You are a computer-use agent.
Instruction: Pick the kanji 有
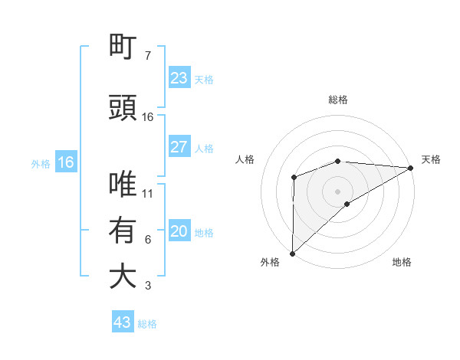[x=123, y=230]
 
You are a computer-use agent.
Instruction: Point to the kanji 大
[x=123, y=277]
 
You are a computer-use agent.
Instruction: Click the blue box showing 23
[x=179, y=77]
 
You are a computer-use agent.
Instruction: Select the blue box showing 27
[x=179, y=147]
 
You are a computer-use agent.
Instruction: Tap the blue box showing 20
[x=179, y=231]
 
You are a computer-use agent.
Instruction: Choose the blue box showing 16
[x=65, y=162]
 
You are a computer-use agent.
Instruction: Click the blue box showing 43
[x=122, y=322]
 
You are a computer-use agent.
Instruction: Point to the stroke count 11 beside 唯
[x=148, y=193]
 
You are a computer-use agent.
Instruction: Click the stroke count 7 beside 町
[x=148, y=55]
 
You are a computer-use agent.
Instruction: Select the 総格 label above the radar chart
[x=337, y=100]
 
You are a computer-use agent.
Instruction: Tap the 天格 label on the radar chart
[x=431, y=159]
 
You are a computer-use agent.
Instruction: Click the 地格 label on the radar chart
[x=402, y=263]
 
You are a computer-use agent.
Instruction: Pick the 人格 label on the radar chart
[x=245, y=159]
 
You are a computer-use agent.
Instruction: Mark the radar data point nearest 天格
[x=412, y=167]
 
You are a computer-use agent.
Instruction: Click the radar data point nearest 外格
[x=292, y=253]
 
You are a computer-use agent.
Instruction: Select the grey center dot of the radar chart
[x=337, y=191]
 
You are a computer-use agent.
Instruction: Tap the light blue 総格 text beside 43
[x=147, y=324]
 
